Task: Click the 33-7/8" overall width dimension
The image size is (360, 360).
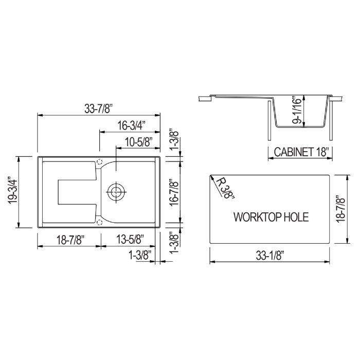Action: pos(99,109)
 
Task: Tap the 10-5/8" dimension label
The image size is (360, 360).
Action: pos(139,142)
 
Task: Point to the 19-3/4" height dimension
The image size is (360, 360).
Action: pos(13,190)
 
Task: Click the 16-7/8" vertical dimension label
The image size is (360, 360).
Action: pos(175,192)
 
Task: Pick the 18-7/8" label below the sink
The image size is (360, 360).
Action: pos(69,240)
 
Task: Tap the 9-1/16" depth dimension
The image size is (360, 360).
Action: pos(297,110)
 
